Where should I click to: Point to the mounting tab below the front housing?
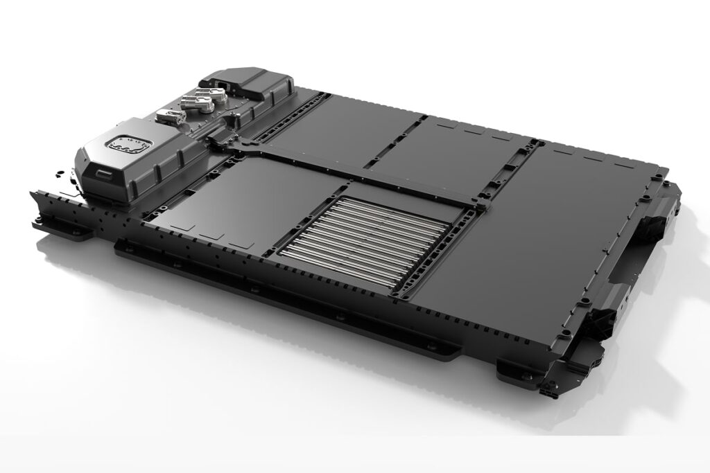pyautogui.click(x=66, y=229)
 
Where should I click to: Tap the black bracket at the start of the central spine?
pyautogui.click(x=220, y=142)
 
